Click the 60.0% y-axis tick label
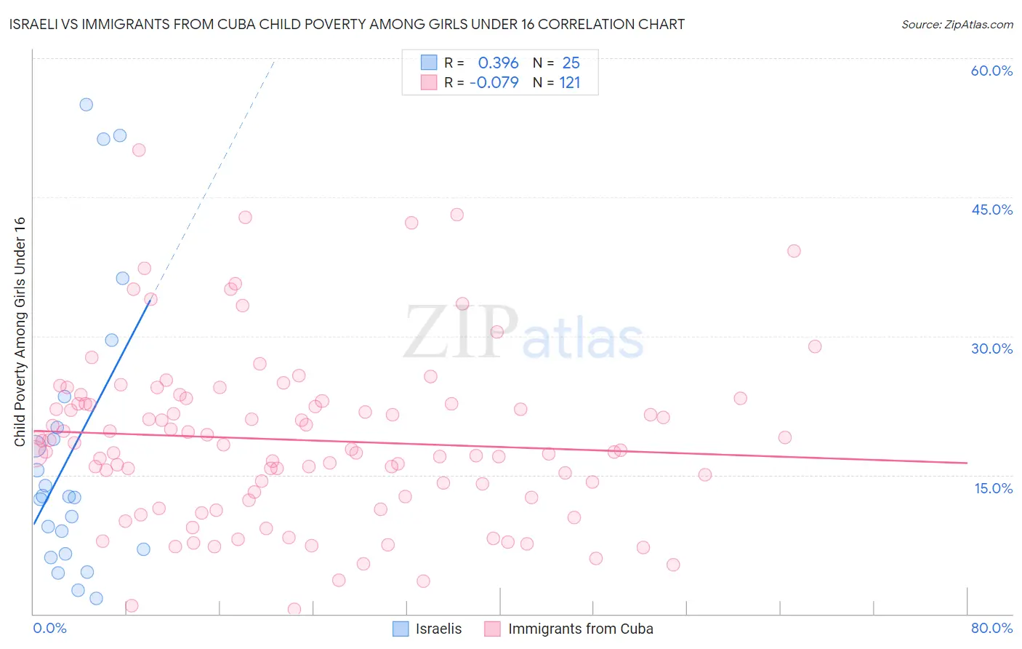pyautogui.click(x=991, y=71)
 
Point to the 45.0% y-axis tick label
pyautogui.click(x=991, y=210)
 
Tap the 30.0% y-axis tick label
pyautogui.click(x=991, y=349)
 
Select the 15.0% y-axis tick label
pyautogui.click(x=993, y=487)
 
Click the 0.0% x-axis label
pyautogui.click(x=49, y=628)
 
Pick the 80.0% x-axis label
pyautogui.click(x=991, y=628)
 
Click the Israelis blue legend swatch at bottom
pyautogui.click(x=401, y=629)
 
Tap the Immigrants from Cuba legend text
pyautogui.click(x=580, y=629)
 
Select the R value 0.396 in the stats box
pyautogui.click(x=498, y=63)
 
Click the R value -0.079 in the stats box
pyautogui.click(x=494, y=83)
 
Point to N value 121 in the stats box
pyautogui.click(x=570, y=83)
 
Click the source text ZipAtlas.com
pyautogui.click(x=957, y=24)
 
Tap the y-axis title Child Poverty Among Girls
pyautogui.click(x=20, y=332)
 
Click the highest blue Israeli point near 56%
pyautogui.click(x=86, y=104)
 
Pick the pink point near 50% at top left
pyautogui.click(x=139, y=150)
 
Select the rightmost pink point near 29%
pyautogui.click(x=815, y=346)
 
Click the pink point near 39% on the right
pyautogui.click(x=794, y=251)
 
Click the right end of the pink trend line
pyautogui.click(x=967, y=463)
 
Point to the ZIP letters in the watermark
pyautogui.click(x=462, y=333)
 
